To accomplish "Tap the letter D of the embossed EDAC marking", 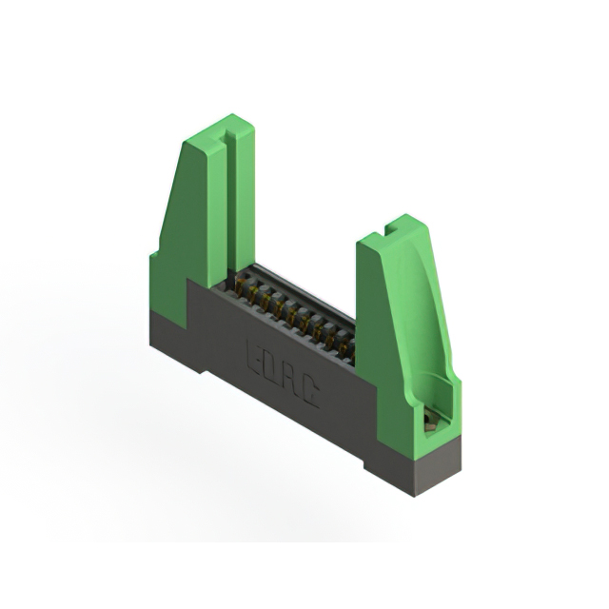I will click(x=273, y=365).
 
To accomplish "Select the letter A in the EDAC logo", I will click(x=292, y=379).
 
